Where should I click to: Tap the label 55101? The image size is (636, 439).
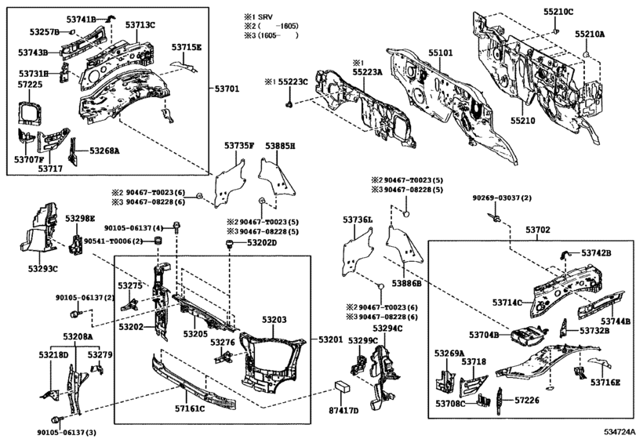440,54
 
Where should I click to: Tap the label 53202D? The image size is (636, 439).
262,244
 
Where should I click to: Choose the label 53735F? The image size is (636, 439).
238,147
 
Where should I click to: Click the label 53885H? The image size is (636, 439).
279,147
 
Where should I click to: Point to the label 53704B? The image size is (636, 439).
485,335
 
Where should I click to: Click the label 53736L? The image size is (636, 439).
358,221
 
